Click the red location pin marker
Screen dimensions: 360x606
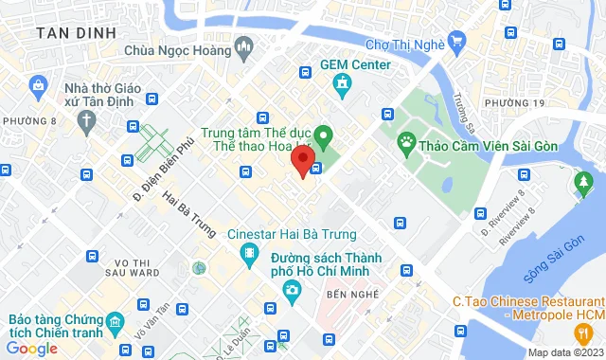tap(302, 159)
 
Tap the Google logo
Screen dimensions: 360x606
tap(30, 349)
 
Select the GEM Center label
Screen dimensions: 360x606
tap(355, 64)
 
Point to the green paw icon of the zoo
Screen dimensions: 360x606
tap(405, 145)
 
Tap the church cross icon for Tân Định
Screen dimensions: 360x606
tap(87, 120)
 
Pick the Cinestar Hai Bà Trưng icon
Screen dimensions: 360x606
tap(249, 253)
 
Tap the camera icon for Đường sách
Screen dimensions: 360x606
tap(294, 289)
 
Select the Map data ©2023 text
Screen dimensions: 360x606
tap(563, 352)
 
